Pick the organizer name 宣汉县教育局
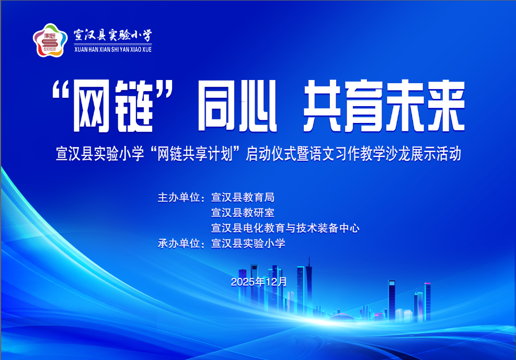click(243, 198)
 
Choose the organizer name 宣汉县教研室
click(243, 213)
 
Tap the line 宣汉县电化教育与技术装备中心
click(285, 228)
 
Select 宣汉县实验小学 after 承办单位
click(248, 243)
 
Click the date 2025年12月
click(259, 282)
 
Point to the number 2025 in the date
click(242, 282)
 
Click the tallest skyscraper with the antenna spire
click(309, 285)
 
